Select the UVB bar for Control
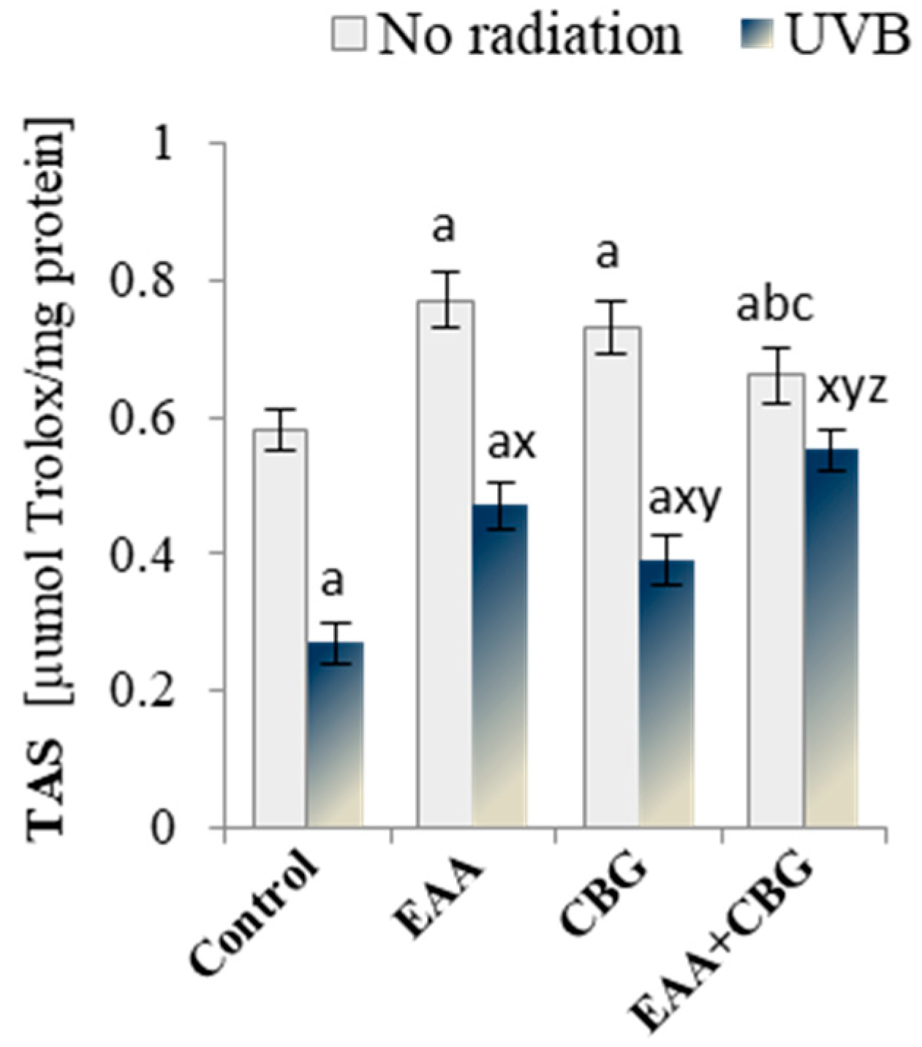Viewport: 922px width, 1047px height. pos(335,734)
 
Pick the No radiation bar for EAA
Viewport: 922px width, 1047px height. pos(445,563)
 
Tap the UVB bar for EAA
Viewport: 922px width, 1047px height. pos(500,665)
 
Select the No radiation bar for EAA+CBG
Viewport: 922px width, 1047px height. pos(776,600)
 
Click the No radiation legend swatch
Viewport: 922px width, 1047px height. pos(349,34)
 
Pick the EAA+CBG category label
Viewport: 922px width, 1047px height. pos(724,943)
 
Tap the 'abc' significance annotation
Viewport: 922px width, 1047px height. pos(774,306)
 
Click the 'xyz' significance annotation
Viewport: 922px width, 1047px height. pos(851,388)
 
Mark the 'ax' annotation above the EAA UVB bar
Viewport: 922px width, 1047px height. pos(511,443)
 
